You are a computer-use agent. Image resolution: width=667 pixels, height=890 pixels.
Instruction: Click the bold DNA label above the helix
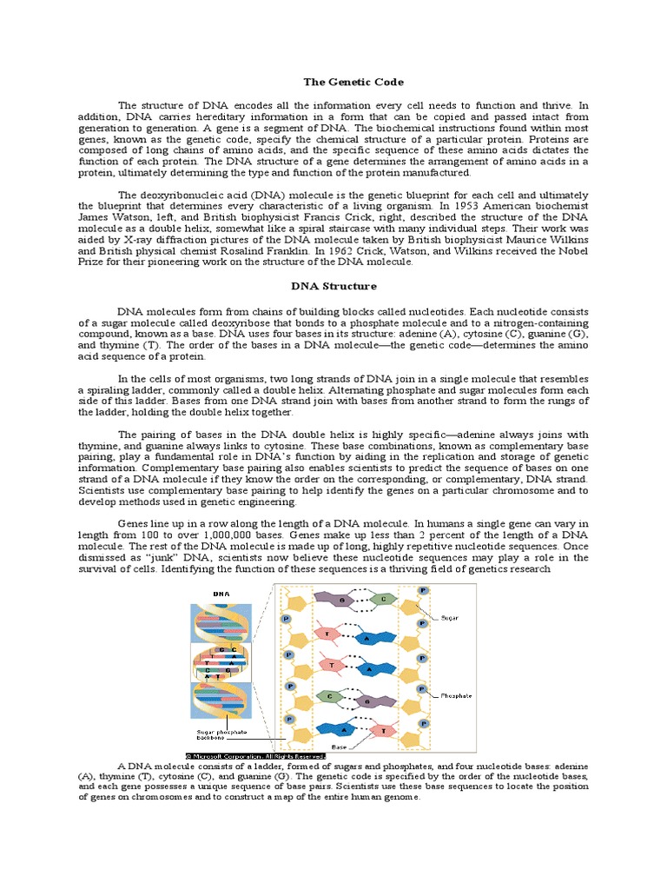(x=221, y=594)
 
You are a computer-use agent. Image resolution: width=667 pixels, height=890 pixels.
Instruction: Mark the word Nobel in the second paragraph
(x=571, y=250)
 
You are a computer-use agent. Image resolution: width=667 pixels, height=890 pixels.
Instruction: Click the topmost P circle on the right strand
(x=423, y=590)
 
